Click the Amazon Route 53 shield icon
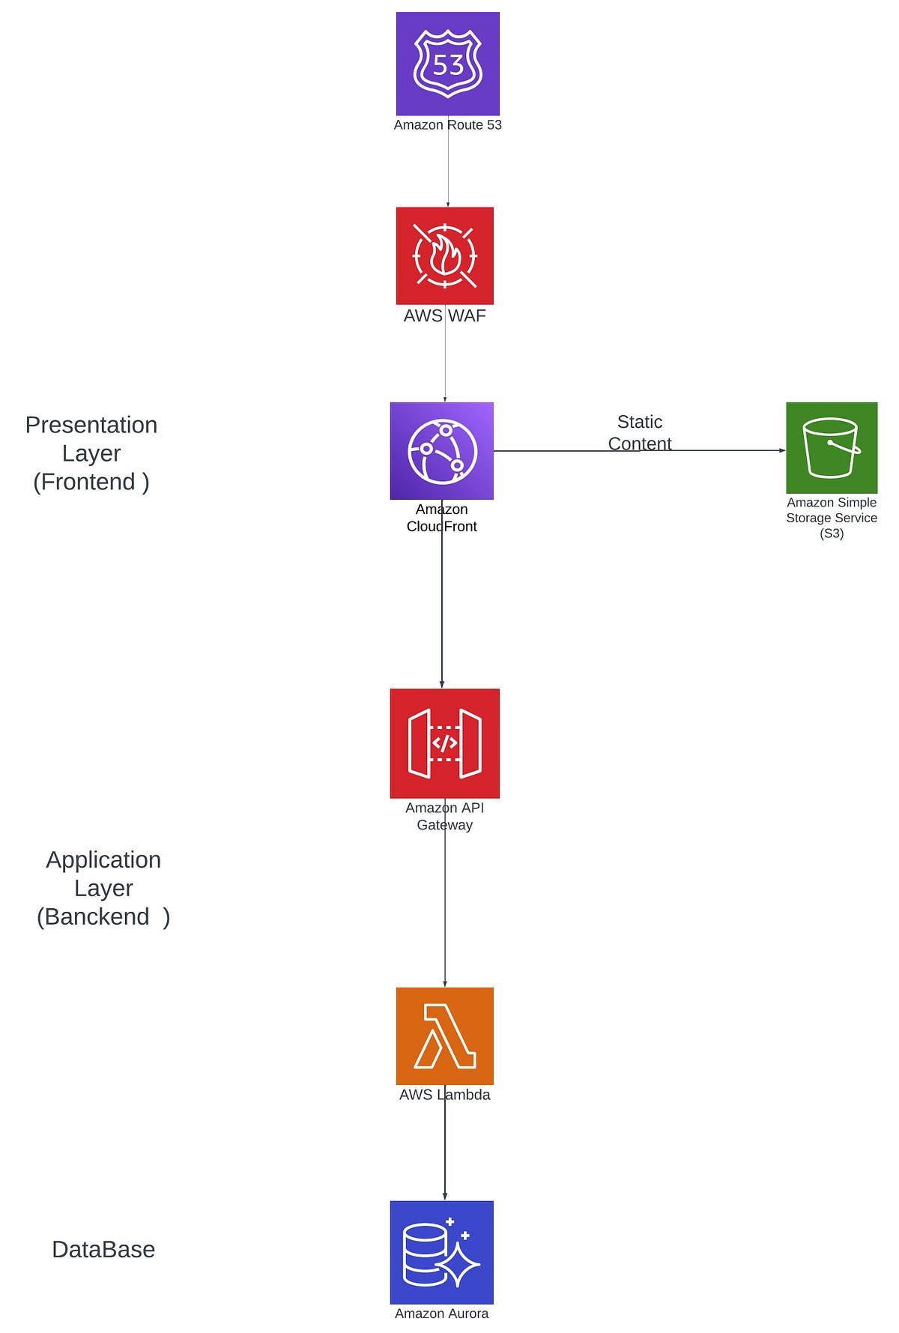point(447,64)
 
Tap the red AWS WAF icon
point(444,256)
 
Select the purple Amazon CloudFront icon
point(441,450)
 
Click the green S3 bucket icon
point(831,447)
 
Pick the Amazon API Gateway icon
point(444,743)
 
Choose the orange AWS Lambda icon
point(444,1036)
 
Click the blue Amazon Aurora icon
point(441,1252)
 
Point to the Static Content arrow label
point(639,432)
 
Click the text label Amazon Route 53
point(447,125)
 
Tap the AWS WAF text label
point(444,315)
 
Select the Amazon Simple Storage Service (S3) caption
point(831,518)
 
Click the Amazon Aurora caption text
point(441,1314)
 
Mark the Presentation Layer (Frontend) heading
point(91,453)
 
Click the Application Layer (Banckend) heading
point(103,888)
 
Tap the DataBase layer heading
point(103,1249)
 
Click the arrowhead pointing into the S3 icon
point(781,450)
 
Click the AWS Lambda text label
point(444,1095)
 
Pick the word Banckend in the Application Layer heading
point(97,916)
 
